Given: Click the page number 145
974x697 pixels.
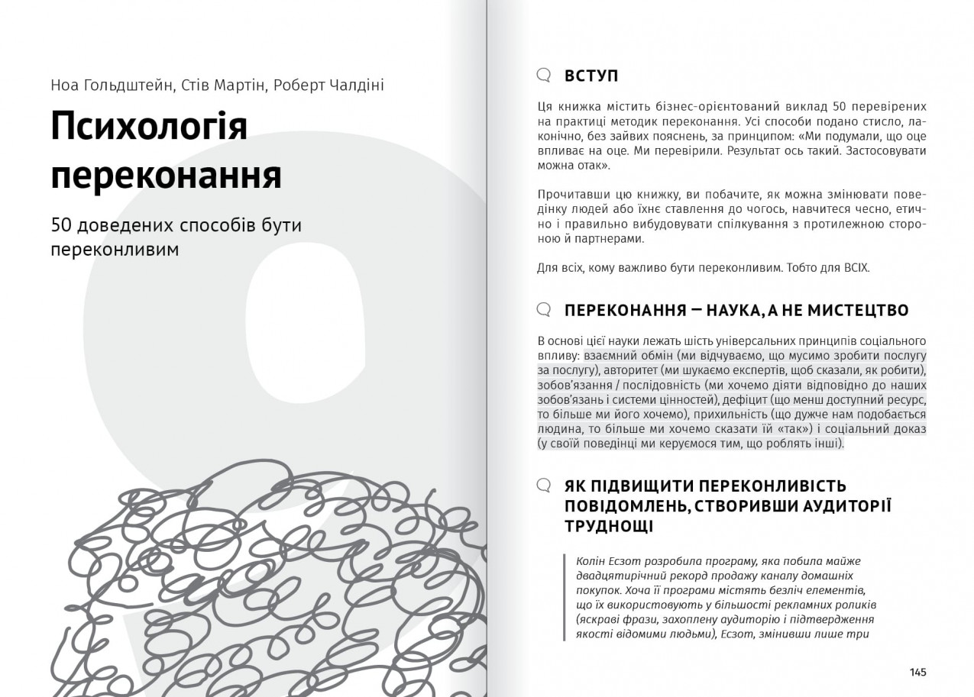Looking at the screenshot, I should [917, 672].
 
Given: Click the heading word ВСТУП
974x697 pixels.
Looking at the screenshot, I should [591, 76].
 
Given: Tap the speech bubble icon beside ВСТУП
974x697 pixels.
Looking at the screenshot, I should [544, 75].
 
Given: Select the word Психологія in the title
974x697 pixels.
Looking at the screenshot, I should [149, 127].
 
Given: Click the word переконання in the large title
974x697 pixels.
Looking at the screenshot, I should [166, 175].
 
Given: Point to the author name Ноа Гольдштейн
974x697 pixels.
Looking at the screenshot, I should [111, 85].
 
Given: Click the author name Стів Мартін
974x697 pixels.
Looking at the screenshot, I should [225, 85].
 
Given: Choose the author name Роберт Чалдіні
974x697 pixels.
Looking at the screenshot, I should [328, 85].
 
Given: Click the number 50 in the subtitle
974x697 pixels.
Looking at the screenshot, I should [60, 225].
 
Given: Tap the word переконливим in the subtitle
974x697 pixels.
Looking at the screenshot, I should [115, 250].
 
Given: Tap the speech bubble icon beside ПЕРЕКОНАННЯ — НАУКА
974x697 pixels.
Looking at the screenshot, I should [544, 309].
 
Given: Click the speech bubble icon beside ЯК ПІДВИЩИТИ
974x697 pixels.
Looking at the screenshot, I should [544, 486].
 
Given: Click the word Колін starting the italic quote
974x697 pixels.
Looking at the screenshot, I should [591, 561].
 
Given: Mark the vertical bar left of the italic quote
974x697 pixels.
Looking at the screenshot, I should [565, 597].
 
